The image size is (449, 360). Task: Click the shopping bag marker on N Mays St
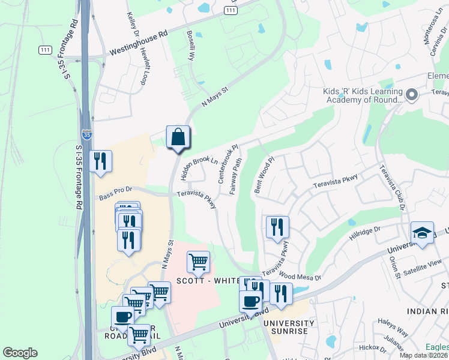click(x=178, y=137)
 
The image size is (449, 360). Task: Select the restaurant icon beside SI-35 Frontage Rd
click(x=100, y=161)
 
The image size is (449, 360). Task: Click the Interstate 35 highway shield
click(x=86, y=136)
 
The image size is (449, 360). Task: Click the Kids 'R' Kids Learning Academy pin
click(x=412, y=95)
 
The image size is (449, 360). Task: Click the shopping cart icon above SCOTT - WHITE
click(x=198, y=262)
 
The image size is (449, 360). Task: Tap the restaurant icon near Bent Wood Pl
click(x=277, y=227)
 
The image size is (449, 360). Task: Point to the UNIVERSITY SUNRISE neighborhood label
click(x=288, y=327)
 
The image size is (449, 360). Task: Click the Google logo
click(x=20, y=353)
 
